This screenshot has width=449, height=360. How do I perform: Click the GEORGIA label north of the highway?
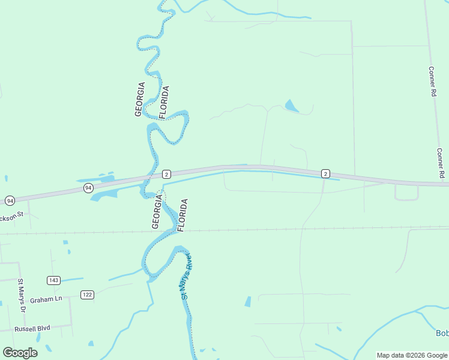pos(140,99)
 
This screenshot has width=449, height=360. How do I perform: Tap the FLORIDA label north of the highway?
pos(164,103)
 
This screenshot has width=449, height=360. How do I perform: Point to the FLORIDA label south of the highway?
pos(183,215)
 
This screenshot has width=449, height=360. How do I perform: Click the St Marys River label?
pos(186,276)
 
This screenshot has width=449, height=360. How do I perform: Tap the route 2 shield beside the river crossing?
pos(167,174)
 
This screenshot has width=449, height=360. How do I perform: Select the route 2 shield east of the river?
pos(325,173)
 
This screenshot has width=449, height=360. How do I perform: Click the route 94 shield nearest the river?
pos(88,188)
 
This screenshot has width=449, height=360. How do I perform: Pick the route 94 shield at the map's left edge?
pos(10,200)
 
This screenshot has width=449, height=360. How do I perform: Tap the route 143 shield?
pos(54,280)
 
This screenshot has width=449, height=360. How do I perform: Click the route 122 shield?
pos(88,294)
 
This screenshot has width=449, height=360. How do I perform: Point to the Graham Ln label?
pos(46,299)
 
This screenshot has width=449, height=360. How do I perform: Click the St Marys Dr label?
pos(22,296)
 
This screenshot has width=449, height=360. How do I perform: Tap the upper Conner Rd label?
pos(432,82)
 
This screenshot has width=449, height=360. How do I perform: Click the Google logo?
pos(20,352)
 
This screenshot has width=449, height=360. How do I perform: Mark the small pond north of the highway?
pos(291,107)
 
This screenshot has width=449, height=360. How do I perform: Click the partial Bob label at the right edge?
pos(442,333)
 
